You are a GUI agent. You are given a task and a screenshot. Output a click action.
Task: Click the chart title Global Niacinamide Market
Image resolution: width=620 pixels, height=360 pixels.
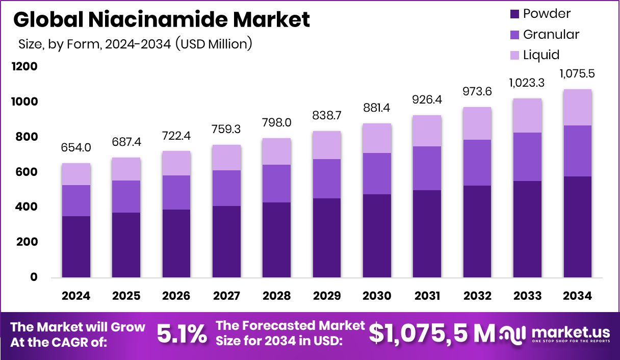tap(161, 19)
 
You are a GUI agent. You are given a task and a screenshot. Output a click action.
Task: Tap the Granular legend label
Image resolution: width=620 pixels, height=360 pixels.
tap(551, 35)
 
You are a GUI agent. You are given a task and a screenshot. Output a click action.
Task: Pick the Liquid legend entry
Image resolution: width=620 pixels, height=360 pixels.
tap(541, 55)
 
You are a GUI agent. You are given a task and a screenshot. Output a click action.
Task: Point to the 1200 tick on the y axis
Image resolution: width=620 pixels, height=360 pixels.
tap(25, 67)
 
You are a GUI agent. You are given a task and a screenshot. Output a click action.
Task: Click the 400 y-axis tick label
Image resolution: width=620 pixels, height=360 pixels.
tap(25, 207)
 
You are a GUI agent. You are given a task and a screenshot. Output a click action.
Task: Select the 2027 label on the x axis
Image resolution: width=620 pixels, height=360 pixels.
tap(226, 296)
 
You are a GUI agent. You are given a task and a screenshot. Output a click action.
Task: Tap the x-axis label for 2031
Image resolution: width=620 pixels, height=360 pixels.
tap(427, 296)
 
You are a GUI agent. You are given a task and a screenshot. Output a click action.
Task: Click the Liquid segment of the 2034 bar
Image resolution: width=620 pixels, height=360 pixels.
tap(577, 107)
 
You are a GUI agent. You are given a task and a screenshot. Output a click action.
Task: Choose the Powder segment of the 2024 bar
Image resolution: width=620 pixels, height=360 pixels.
tap(76, 247)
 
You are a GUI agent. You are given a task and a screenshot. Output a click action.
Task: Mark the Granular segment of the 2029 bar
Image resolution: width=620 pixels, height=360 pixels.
tap(326, 178)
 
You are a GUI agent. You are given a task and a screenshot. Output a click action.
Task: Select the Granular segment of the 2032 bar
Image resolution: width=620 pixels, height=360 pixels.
tap(477, 163)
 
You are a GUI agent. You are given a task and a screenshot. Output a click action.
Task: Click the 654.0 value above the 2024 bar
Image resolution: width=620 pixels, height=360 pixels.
tap(76, 147)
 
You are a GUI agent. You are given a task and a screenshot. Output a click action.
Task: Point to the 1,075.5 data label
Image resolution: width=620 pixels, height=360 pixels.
tap(577, 73)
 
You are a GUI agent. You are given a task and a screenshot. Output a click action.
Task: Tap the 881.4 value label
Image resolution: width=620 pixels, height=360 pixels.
tap(377, 108)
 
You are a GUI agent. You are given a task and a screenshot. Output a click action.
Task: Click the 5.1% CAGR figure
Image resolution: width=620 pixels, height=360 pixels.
tap(182, 334)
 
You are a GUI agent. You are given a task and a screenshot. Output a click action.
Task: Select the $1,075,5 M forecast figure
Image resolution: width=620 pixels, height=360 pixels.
tap(431, 333)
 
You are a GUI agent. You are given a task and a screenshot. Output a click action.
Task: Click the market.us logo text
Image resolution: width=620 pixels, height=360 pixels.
tap(571, 331)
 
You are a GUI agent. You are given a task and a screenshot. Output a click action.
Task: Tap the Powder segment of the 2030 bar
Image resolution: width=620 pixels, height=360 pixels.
tap(377, 236)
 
